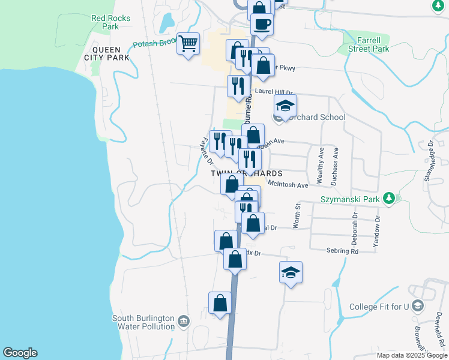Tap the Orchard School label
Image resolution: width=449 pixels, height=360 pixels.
pyautogui.click(x=316, y=117)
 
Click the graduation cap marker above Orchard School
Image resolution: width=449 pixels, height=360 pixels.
pyautogui.click(x=286, y=106)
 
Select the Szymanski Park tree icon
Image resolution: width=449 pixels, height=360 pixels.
pyautogui.click(x=389, y=197)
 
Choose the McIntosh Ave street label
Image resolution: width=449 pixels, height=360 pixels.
pyautogui.click(x=288, y=185)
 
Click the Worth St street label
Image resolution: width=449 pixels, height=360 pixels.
pyautogui.click(x=297, y=215)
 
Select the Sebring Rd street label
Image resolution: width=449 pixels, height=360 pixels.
pyautogui.click(x=342, y=251)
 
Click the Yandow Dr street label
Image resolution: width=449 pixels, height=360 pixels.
pyautogui.click(x=377, y=231)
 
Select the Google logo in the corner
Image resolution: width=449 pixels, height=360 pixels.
pyautogui.click(x=20, y=353)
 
